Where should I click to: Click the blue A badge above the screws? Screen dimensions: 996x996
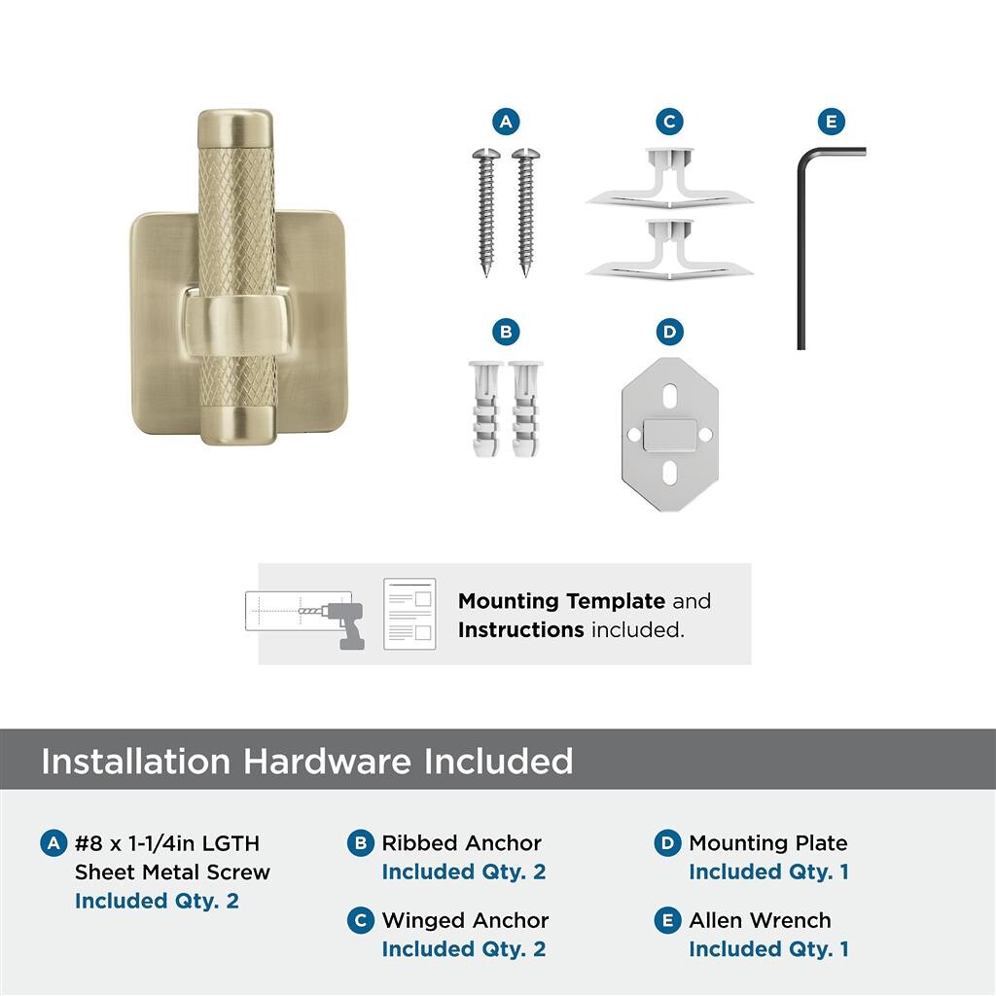(506, 122)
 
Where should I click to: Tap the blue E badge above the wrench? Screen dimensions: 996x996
(831, 122)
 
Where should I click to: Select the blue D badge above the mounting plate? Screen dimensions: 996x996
(669, 332)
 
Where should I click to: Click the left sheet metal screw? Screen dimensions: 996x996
(486, 211)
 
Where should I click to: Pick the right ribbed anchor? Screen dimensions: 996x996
(526, 409)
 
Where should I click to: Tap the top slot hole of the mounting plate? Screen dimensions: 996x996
(669, 396)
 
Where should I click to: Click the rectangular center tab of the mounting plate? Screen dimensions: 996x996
(669, 435)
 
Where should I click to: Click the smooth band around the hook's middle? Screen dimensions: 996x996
(235, 324)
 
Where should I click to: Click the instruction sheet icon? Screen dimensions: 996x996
(409, 614)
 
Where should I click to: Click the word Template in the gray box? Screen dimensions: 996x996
(616, 601)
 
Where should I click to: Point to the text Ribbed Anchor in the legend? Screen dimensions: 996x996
(461, 843)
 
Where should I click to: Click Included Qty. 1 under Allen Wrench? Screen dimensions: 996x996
(768, 948)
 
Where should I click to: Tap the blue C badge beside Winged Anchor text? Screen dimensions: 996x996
(360, 920)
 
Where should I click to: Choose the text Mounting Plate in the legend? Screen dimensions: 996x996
(768, 843)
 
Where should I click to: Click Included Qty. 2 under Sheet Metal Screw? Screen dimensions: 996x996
(157, 901)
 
